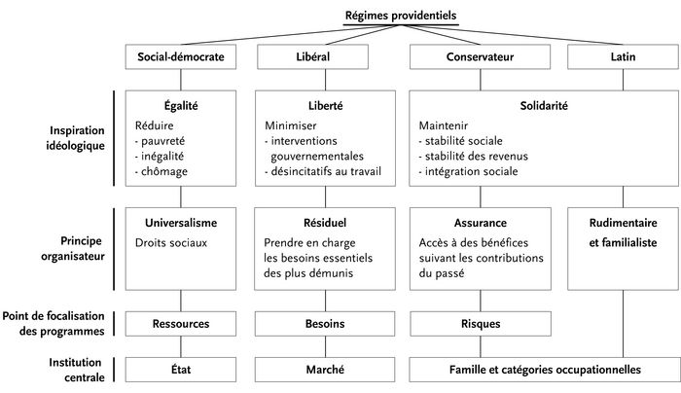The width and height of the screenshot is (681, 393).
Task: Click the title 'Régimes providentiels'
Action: coord(401,16)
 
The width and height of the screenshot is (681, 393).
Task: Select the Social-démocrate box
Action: coord(181,56)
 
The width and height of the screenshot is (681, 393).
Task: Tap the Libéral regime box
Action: coord(312,56)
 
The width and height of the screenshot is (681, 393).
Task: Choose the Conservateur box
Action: coord(480,56)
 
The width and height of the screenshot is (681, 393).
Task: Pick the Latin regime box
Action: coord(623,56)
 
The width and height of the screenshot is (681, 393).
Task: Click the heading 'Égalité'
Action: coord(181,105)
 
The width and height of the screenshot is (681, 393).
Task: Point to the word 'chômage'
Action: coord(164,171)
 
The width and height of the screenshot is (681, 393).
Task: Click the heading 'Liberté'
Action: coord(325,105)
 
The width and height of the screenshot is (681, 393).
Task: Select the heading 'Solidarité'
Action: coord(544,105)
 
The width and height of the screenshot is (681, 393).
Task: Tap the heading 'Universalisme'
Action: coord(181,223)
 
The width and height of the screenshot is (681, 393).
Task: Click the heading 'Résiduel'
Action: coord(325,223)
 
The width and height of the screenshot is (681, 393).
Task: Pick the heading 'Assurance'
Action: coord(481,223)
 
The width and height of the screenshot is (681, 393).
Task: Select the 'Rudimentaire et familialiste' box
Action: coord(623,249)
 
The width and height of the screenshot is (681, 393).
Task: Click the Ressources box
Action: coord(181,324)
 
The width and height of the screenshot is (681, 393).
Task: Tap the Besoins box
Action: coord(325,324)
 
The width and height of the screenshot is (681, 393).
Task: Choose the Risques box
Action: coord(481,324)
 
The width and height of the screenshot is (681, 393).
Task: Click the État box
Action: coord(181,370)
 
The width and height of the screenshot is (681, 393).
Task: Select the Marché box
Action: coord(325,370)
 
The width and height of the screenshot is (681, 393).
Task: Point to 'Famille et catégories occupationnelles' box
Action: coord(545,370)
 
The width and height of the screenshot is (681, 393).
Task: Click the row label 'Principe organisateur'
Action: coord(73,248)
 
